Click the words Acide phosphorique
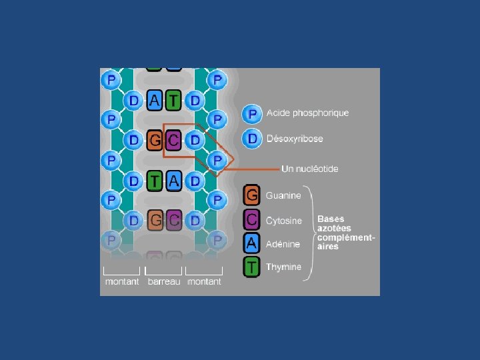(x=307, y=113)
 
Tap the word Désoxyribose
(x=295, y=139)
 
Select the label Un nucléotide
(x=309, y=169)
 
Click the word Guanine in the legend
(x=283, y=195)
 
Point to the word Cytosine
(x=283, y=220)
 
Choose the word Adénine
(x=283, y=244)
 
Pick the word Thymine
(x=283, y=267)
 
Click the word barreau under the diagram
(x=163, y=281)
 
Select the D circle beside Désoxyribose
(x=252, y=139)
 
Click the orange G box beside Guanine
(x=251, y=195)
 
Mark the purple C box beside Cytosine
(x=251, y=219)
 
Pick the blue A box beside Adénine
(x=251, y=243)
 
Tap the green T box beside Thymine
(x=251, y=267)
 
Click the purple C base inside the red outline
(x=173, y=140)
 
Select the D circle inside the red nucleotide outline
(x=195, y=140)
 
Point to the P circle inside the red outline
(x=217, y=160)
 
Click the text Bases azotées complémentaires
(x=345, y=232)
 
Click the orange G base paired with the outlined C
(x=155, y=140)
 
